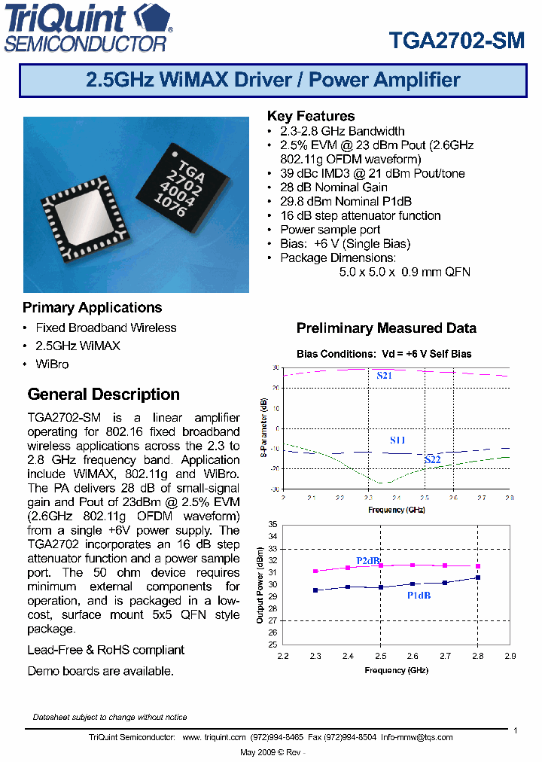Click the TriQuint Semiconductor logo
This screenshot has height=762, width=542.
(x=89, y=28)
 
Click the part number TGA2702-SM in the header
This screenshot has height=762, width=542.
(x=457, y=41)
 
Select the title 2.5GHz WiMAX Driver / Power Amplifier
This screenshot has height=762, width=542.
(x=273, y=80)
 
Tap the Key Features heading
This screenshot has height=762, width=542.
(x=311, y=116)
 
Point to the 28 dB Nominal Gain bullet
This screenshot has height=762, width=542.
(x=333, y=187)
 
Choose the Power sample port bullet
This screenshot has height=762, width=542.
(x=330, y=230)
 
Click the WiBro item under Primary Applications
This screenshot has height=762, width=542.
(x=52, y=364)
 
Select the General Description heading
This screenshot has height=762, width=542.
(x=103, y=395)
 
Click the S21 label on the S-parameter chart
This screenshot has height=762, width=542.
(x=384, y=375)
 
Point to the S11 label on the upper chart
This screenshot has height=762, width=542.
(x=397, y=440)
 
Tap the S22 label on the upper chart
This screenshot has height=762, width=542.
(x=432, y=459)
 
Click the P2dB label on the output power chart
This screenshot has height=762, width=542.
(x=368, y=561)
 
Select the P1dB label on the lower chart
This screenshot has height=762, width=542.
(x=419, y=596)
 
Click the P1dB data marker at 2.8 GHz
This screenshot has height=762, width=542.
(x=477, y=578)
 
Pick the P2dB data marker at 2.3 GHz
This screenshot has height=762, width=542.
(x=315, y=571)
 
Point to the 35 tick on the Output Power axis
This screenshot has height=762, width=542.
(x=273, y=524)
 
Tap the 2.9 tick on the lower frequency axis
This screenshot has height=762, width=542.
(x=510, y=656)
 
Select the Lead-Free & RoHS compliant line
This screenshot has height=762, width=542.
(x=105, y=650)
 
